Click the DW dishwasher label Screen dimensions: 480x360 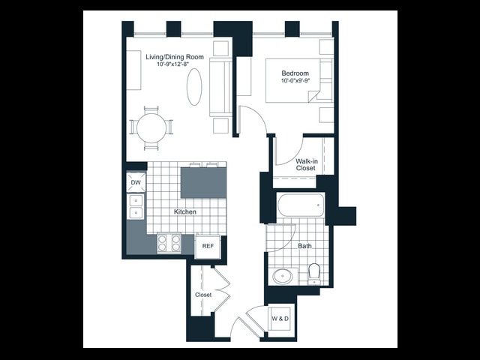136,183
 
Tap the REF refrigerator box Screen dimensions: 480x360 208,246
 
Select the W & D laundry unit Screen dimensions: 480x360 280,319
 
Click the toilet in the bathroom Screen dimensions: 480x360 314,274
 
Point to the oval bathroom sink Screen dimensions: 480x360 282,277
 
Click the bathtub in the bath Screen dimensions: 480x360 301,205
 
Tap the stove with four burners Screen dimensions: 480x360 169,243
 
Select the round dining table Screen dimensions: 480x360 151,128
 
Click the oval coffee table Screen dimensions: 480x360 194,87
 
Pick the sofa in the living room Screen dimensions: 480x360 220,87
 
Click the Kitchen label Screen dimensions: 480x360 185,211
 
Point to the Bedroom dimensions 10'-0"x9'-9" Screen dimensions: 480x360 295,81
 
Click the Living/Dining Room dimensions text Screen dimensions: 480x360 173,64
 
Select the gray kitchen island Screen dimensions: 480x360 203,183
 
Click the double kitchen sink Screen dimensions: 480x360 136,207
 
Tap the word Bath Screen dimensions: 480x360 305,246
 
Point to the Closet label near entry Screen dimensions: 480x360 203,295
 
